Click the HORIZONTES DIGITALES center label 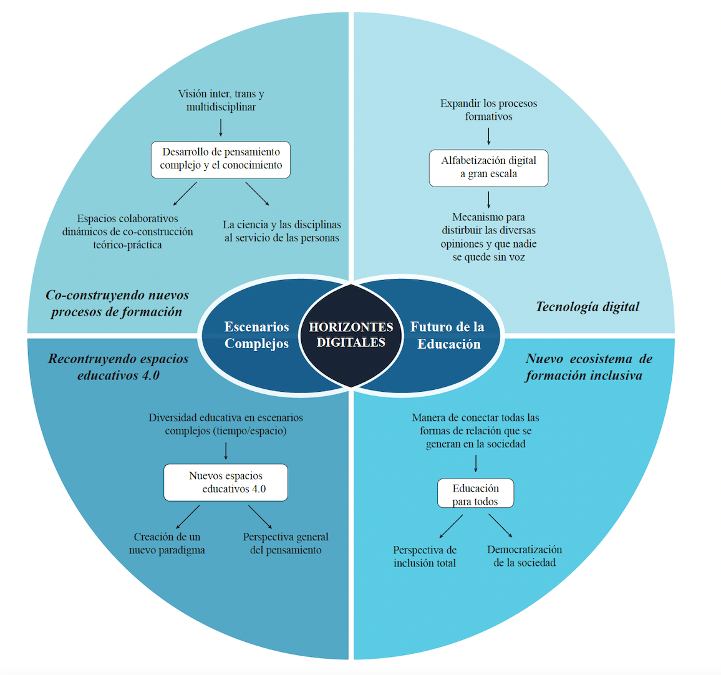pyautogui.click(x=351, y=335)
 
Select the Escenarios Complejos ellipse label pyautogui.click(x=256, y=335)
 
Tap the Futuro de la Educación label pyautogui.click(x=448, y=335)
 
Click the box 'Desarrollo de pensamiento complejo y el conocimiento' pyautogui.click(x=221, y=159)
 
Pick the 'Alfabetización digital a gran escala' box pyautogui.click(x=488, y=168)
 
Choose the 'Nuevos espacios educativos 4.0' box pyautogui.click(x=226, y=482)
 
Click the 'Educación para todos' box pyautogui.click(x=475, y=493)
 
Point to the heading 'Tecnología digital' pyautogui.click(x=588, y=306)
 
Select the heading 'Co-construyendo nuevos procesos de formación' pyautogui.click(x=117, y=303)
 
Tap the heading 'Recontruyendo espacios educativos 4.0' pyautogui.click(x=119, y=367)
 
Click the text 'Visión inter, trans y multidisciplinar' pyautogui.click(x=221, y=100)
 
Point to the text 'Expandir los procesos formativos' pyautogui.click(x=488, y=110)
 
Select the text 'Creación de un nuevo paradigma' pyautogui.click(x=167, y=543)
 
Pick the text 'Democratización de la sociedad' pyautogui.click(x=525, y=556)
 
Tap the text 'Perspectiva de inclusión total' pyautogui.click(x=425, y=556)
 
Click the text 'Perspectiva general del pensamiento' pyautogui.click(x=286, y=543)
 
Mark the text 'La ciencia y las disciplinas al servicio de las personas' pyautogui.click(x=282, y=231)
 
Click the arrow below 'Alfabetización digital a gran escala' pyautogui.click(x=488, y=199)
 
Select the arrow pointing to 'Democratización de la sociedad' pyautogui.click(x=500, y=525)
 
